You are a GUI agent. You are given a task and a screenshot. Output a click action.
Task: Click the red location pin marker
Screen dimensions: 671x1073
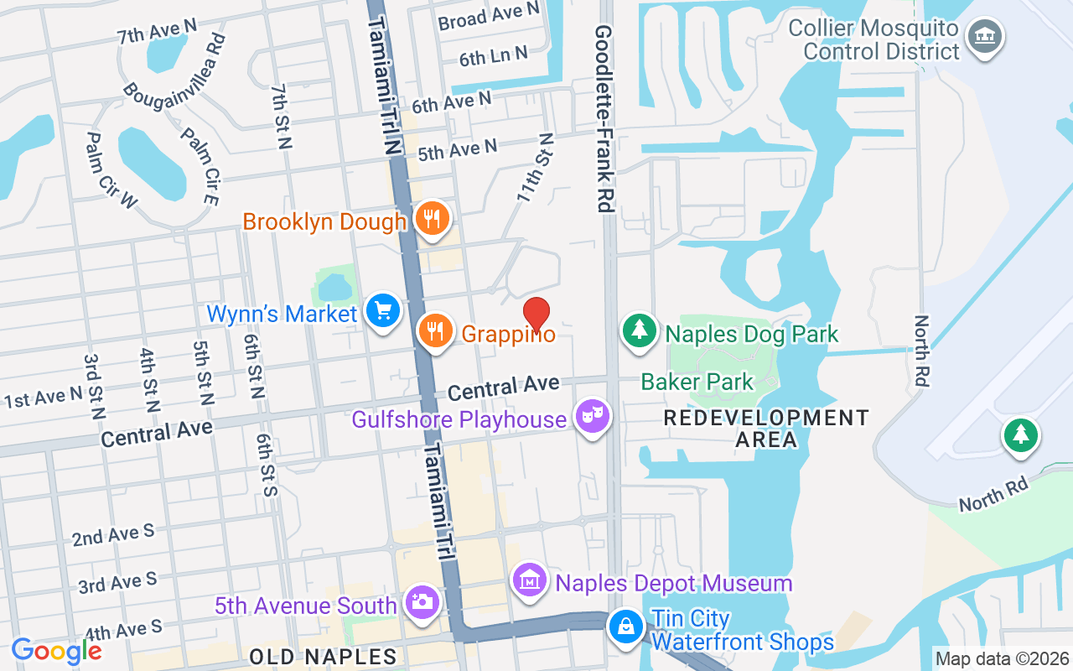pyautogui.click(x=536, y=314)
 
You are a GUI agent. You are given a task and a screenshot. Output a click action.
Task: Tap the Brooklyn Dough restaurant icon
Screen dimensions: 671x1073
pyautogui.click(x=432, y=219)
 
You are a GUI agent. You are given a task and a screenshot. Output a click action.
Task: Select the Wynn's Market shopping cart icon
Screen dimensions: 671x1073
pyautogui.click(x=384, y=312)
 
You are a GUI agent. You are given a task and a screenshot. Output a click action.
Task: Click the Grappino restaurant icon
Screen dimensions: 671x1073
pyautogui.click(x=436, y=330)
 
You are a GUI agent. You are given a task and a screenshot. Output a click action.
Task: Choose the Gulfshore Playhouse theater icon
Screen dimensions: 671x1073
pyautogui.click(x=593, y=416)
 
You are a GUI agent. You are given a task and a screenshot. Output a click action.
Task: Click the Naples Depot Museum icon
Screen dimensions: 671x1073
pyautogui.click(x=530, y=580)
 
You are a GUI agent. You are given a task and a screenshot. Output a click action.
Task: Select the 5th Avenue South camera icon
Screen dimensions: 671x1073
pyautogui.click(x=422, y=601)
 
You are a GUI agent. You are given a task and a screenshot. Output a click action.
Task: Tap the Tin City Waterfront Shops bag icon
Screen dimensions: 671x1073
pyautogui.click(x=625, y=626)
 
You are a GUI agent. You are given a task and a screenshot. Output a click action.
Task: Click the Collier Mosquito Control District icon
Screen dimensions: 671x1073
pyautogui.click(x=985, y=36)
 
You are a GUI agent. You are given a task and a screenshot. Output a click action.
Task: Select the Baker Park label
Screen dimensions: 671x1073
pyautogui.click(x=697, y=382)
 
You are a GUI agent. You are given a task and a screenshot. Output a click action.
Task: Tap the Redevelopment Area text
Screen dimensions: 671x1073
pyautogui.click(x=766, y=428)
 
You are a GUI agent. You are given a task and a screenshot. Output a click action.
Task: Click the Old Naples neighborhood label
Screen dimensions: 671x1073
pyautogui.click(x=323, y=656)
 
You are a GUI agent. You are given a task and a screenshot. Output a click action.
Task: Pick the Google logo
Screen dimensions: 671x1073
pyautogui.click(x=57, y=651)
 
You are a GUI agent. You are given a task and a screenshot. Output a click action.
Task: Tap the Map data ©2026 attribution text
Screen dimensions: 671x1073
pyautogui.click(x=1003, y=659)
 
